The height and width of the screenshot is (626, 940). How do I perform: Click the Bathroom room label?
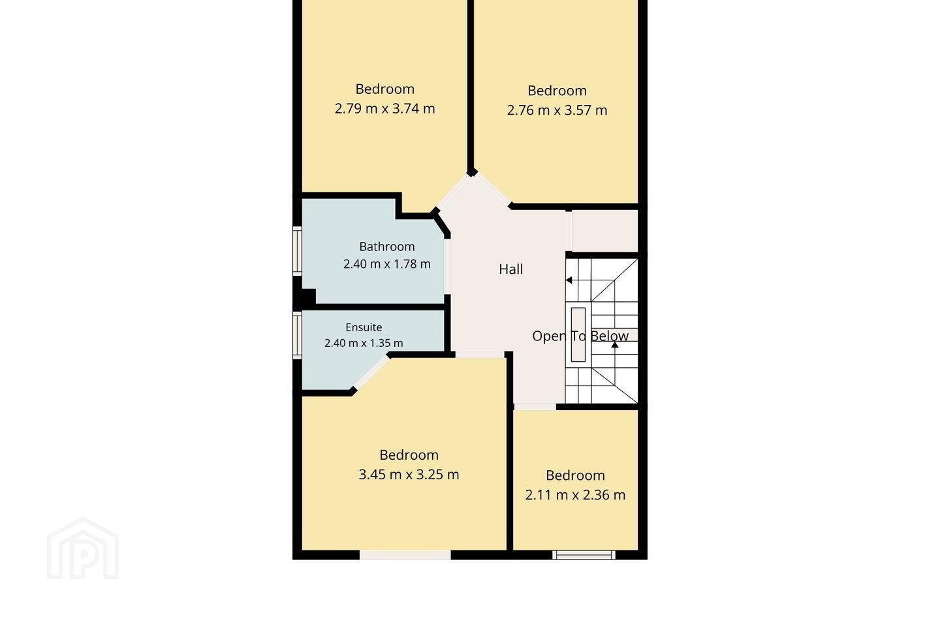[x=387, y=246]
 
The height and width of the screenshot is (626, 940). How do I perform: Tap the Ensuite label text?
[x=364, y=327]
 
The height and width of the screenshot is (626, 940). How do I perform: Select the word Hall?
[x=510, y=269]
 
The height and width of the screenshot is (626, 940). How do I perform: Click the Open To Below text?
[x=580, y=336]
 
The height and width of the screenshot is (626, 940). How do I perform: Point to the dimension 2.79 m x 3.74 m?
[x=385, y=109]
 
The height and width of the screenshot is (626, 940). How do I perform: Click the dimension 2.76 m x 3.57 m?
[x=557, y=110]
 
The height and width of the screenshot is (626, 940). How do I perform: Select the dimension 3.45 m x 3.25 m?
[x=409, y=475]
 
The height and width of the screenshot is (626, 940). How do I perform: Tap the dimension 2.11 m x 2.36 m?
[x=575, y=495]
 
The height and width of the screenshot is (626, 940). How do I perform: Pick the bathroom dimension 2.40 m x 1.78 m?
[x=387, y=264]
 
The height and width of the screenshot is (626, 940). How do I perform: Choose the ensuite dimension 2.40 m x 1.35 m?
[x=364, y=343]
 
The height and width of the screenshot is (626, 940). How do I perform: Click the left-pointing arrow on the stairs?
[x=569, y=280]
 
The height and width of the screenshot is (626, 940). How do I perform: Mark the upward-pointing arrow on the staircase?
[x=615, y=345]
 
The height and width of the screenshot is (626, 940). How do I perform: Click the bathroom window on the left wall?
[x=297, y=251]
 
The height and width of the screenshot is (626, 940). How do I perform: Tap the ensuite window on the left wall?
[x=297, y=335]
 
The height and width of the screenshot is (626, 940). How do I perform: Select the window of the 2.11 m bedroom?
[x=584, y=555]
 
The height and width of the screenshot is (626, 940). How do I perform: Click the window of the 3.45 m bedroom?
[x=405, y=555]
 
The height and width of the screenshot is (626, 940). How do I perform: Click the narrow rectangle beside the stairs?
[x=578, y=335]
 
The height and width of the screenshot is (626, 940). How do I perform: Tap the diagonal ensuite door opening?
[x=371, y=372]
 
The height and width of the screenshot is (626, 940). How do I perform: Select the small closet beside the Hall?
[x=604, y=231]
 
